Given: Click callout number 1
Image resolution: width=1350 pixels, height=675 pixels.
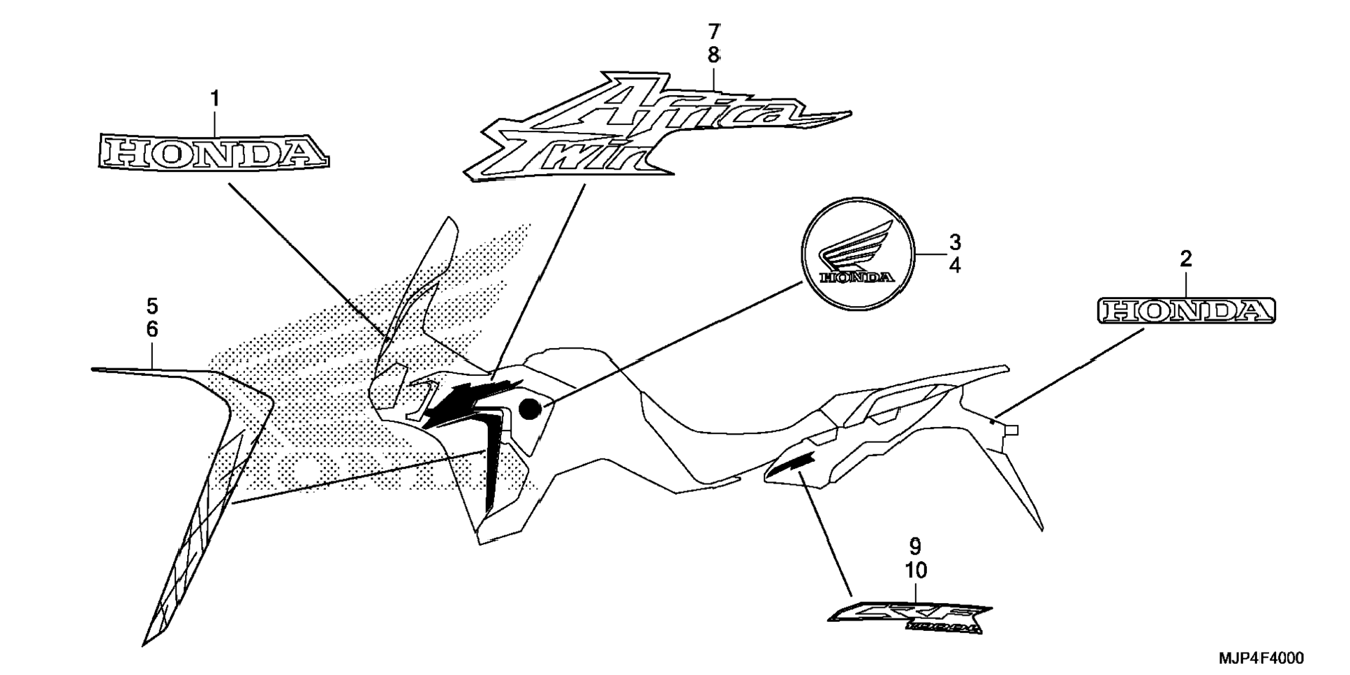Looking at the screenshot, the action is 215,100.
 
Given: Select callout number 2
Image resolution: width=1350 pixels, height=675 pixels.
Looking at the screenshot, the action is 1185,259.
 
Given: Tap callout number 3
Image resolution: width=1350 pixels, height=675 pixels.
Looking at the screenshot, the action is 954,242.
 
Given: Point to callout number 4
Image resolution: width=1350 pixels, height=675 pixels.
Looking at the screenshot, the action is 954,266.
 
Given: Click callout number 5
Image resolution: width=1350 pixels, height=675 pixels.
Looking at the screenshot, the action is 152,306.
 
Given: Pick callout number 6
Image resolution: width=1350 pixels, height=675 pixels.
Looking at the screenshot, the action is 152,329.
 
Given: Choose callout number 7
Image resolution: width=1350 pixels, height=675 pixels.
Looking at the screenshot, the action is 713,31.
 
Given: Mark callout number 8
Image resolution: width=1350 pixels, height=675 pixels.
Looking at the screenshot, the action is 713,55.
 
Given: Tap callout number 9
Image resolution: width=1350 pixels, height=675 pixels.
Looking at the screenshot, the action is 915,546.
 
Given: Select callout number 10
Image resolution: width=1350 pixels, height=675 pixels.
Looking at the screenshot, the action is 916,570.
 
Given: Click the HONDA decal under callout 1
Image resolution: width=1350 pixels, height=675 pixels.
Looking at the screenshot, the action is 212,152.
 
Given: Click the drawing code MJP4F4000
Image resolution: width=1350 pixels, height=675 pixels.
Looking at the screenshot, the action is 1261,658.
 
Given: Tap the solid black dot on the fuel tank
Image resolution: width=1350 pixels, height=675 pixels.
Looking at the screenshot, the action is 531,409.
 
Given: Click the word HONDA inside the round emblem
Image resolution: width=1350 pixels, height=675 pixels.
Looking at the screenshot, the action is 858,277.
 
